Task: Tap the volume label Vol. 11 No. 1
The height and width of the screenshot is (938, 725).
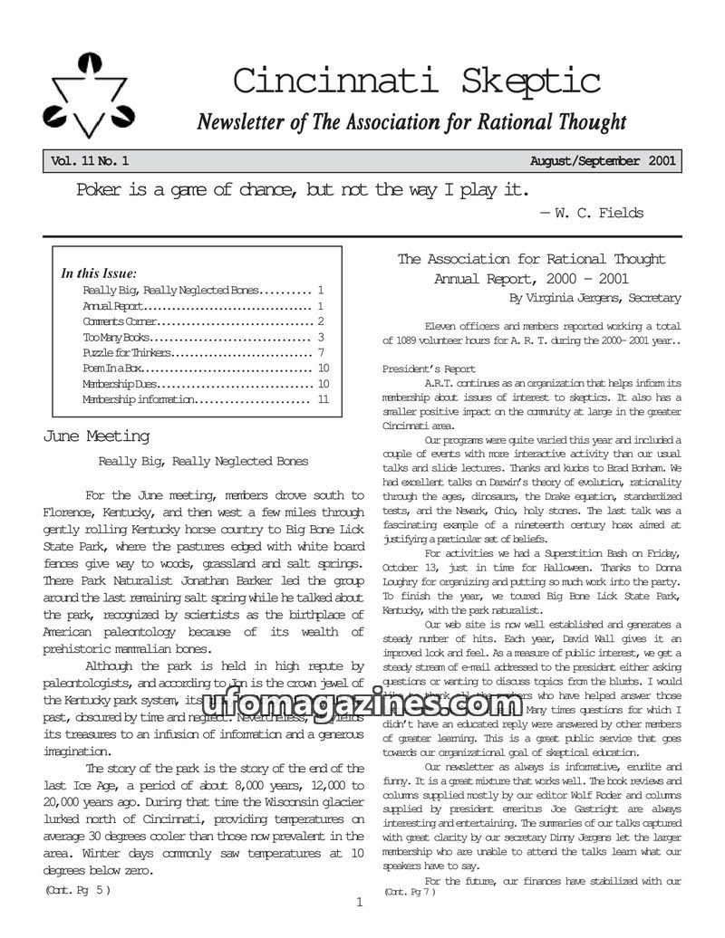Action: [x=90, y=162]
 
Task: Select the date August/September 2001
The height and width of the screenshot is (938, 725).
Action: [x=602, y=162]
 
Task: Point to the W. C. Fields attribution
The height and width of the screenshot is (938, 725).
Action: [x=592, y=214]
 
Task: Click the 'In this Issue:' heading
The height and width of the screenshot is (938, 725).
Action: [x=99, y=273]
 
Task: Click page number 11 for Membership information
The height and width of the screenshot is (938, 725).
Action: [x=323, y=399]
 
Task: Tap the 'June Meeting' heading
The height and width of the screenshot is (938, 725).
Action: [x=96, y=436]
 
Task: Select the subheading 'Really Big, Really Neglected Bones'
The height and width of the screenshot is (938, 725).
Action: [x=203, y=461]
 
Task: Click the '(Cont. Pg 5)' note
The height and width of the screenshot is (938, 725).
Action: [x=78, y=890]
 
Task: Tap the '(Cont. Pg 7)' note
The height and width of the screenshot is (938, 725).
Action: [x=409, y=892]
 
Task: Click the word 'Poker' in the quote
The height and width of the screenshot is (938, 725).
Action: [x=102, y=190]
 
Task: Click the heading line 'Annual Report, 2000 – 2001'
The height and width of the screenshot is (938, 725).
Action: [x=531, y=279]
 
